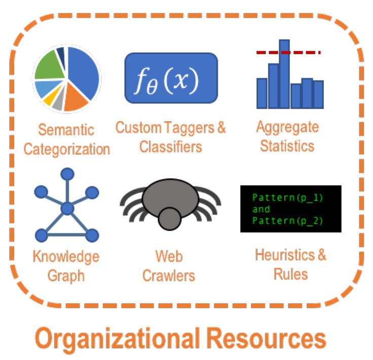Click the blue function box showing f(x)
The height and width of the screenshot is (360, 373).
[171, 77]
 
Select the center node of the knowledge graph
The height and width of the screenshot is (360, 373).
[67, 208]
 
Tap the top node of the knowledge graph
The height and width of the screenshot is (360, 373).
[67, 174]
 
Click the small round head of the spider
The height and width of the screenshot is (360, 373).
[169, 219]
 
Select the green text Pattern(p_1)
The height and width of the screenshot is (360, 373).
[288, 197]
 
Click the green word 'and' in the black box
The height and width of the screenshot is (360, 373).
[262, 209]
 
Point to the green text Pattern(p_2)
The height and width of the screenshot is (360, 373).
[288, 221]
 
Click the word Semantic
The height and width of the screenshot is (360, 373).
[67, 130]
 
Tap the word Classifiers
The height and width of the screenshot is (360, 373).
[171, 147]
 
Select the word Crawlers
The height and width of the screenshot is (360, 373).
[169, 276]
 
